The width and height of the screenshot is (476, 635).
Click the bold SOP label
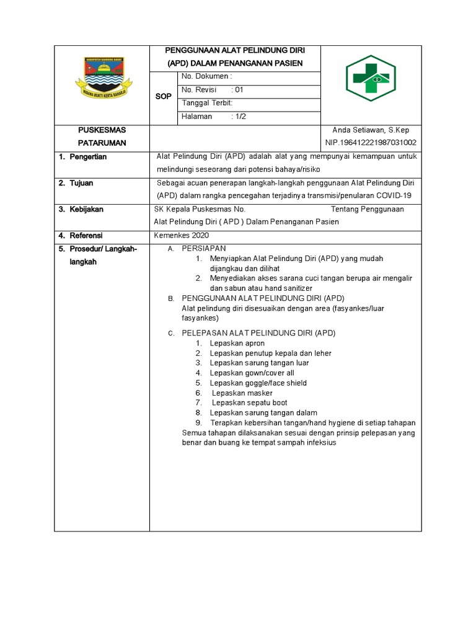tap(164, 97)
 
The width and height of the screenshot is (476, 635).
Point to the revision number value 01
tap(238, 90)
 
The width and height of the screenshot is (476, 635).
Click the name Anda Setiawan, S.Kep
tap(371, 130)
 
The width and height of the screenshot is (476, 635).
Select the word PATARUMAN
tap(102, 143)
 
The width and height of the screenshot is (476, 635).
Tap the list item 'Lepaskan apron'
tap(237, 344)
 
